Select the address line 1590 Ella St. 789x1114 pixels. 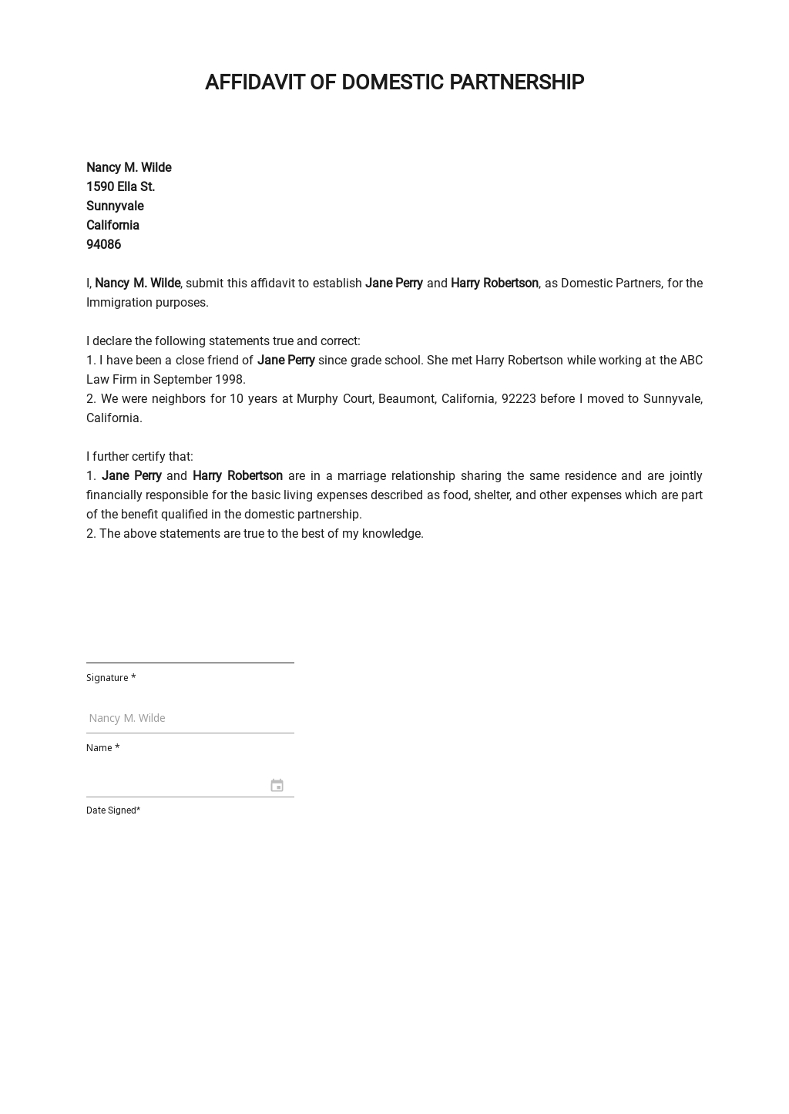pyautogui.click(x=120, y=187)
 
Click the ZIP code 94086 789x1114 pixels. pyautogui.click(x=103, y=245)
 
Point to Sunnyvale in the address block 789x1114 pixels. pyautogui.click(x=115, y=206)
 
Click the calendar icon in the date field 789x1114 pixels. pyautogui.click(x=277, y=785)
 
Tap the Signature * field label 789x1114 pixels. pyautogui.click(x=111, y=678)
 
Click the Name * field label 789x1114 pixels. pyautogui.click(x=102, y=748)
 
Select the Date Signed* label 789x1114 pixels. pyautogui.click(x=113, y=810)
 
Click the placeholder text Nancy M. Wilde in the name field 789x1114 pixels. pyautogui.click(x=127, y=718)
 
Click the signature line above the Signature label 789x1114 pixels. pyautogui.click(x=190, y=662)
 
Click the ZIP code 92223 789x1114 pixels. pyautogui.click(x=519, y=399)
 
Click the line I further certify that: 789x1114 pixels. pyautogui.click(x=139, y=457)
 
